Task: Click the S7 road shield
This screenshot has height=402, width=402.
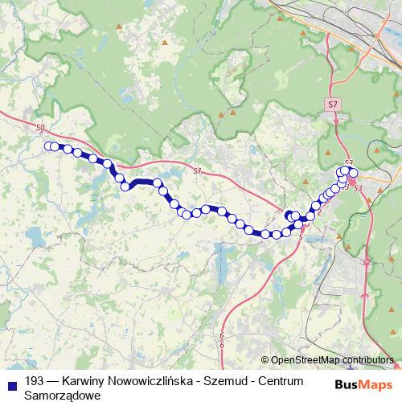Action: pos(334,105)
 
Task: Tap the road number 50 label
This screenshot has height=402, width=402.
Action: pos(41,128)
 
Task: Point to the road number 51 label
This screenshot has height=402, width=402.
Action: pos(199,171)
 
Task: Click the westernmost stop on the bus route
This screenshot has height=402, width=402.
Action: pos(48,146)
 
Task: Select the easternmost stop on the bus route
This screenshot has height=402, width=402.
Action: pos(353,173)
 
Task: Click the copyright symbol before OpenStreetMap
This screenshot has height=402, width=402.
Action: pos(265,360)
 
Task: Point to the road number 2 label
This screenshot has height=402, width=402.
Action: pos(319,212)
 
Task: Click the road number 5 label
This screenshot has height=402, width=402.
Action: pos(300,236)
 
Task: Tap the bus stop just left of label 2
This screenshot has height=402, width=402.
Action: pos(310,215)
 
